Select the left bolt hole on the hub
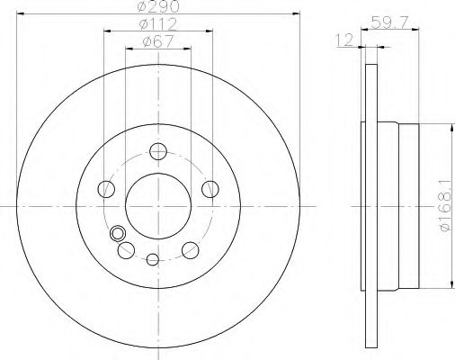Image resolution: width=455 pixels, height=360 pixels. pos(105,189)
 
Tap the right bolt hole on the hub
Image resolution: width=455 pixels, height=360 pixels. pos(210,188)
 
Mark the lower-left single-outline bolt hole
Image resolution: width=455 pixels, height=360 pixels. pos(125,250)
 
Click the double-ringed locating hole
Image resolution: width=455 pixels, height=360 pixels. pos(117,235)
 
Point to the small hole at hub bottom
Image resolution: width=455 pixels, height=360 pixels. pos(152,261)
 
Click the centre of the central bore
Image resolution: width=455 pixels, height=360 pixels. pos(157,205)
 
